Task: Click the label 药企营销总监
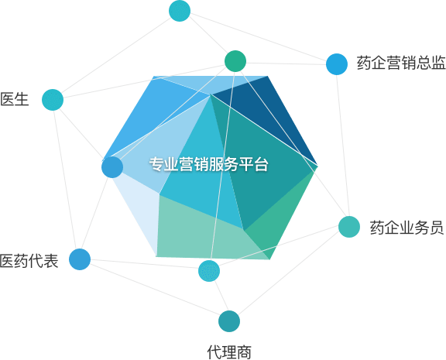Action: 401,63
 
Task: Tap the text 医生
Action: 15,99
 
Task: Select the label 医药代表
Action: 29,260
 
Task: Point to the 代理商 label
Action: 229,352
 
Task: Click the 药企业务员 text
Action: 407,228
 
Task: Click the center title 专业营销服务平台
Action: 209,164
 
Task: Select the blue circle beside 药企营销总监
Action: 337,64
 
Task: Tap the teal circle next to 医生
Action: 53,100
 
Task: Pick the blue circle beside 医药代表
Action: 80,259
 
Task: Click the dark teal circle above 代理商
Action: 229,321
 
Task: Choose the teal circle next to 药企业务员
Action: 349,227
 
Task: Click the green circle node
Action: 235,61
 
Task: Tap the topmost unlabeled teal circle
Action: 180,11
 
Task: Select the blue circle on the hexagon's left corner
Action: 112,167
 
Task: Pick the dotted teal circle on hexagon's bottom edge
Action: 209,270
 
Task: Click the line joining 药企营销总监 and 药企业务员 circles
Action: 343,146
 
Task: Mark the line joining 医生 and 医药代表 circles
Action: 66,179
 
